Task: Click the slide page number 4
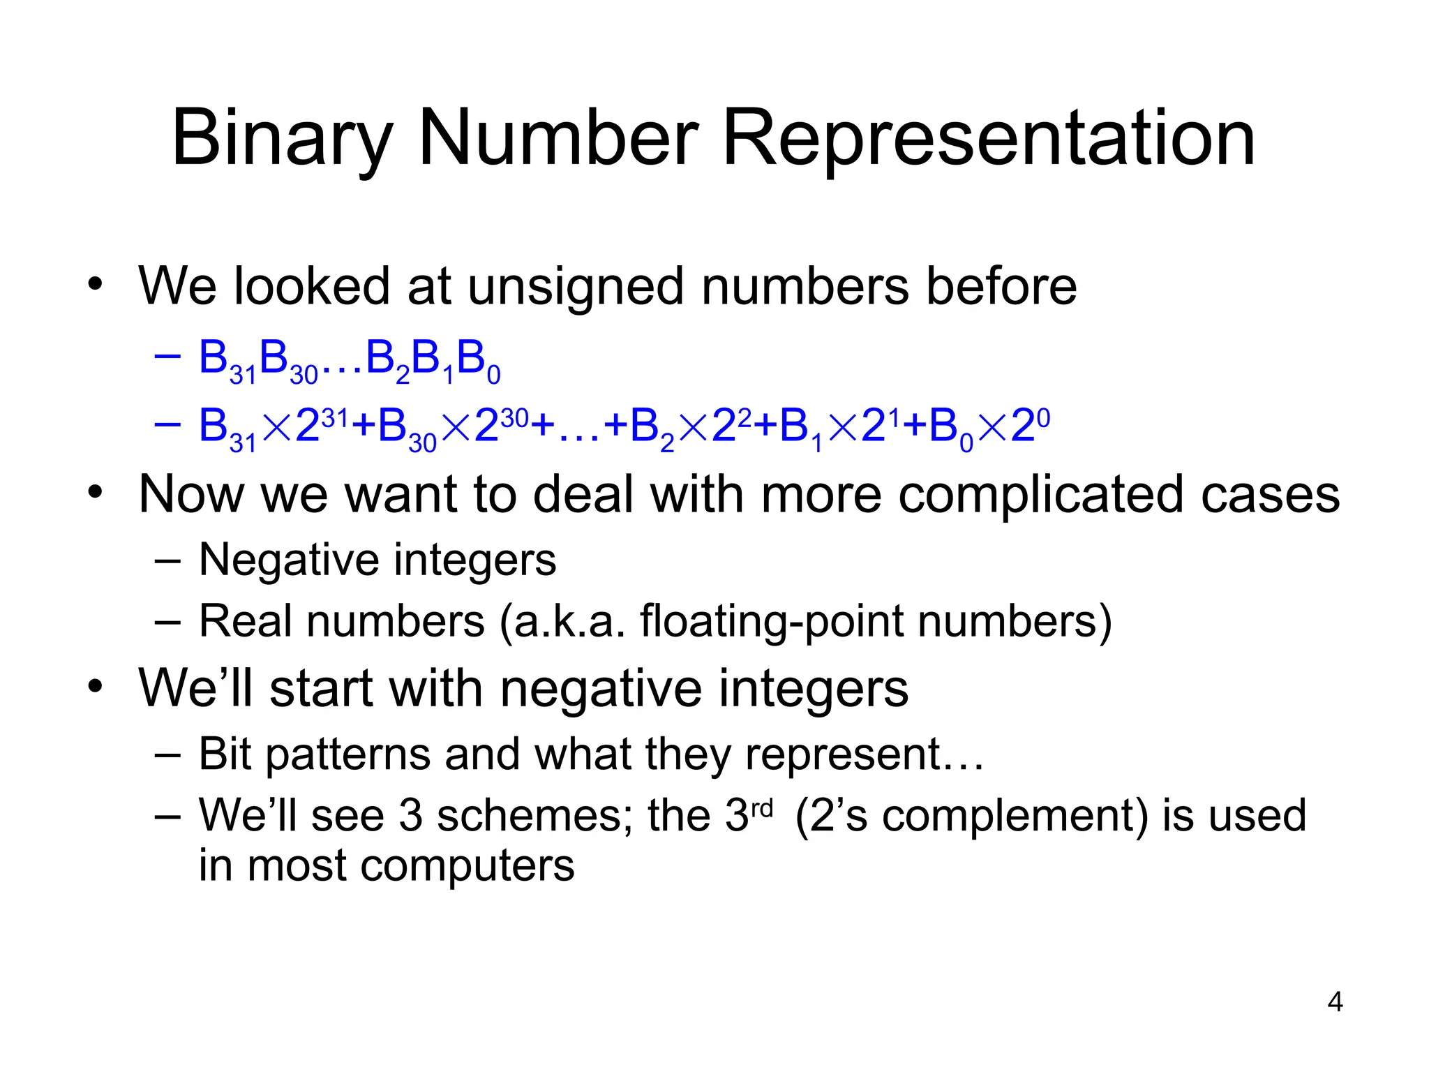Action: click(1335, 1002)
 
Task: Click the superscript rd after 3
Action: click(763, 808)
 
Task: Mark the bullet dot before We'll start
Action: click(96, 687)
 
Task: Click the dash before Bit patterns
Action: click(167, 755)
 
